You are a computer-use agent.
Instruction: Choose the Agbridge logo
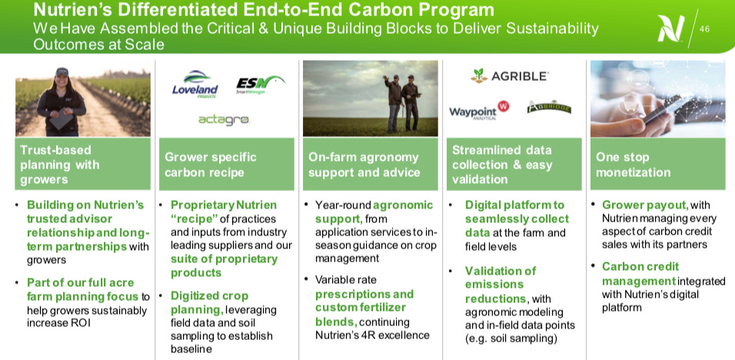coord(549,108)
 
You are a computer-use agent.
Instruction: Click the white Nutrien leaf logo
coord(670,28)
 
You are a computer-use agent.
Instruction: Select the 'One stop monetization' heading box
coord(657,164)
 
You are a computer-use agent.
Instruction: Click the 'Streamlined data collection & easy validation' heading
coord(513,164)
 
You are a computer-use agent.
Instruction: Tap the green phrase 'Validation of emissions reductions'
coord(500,284)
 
